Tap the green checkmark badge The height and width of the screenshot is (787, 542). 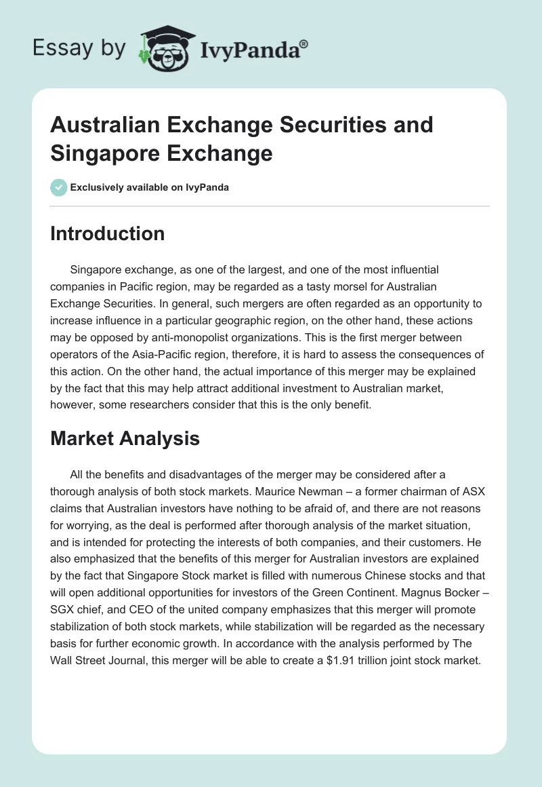pyautogui.click(x=58, y=187)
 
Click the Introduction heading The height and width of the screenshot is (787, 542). pyautogui.click(x=107, y=234)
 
